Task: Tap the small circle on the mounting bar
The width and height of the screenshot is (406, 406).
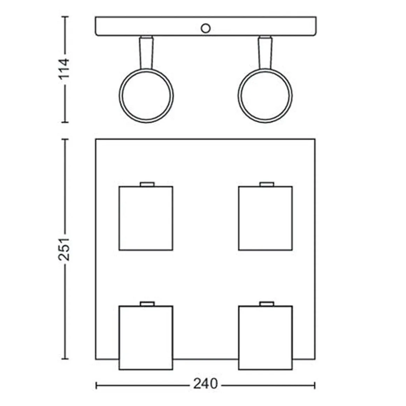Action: point(205,28)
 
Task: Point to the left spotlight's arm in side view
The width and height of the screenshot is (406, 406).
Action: point(146,53)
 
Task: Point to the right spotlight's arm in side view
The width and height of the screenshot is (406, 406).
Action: point(265,53)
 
